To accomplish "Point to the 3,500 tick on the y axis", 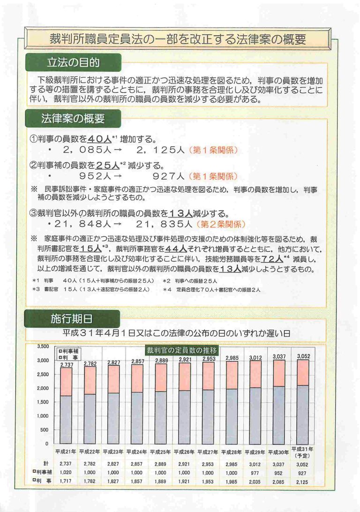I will (x=43, y=346).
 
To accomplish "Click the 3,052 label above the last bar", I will (x=303, y=356).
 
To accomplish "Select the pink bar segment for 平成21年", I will (x=66, y=382).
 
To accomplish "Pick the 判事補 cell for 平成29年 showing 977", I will (x=255, y=473).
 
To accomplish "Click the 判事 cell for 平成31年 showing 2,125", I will (x=303, y=482).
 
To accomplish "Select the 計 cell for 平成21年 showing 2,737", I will (x=66, y=464).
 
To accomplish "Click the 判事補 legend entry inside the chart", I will (x=68, y=351).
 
